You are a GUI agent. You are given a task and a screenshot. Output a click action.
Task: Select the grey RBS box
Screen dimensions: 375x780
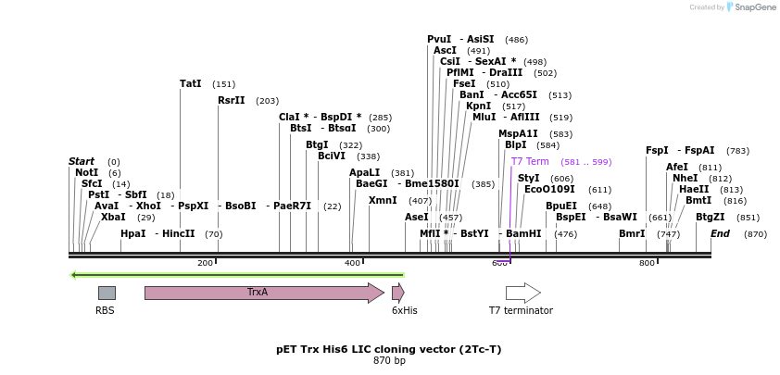[x=107, y=293]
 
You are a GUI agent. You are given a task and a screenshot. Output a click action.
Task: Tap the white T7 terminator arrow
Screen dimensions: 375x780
[x=522, y=293]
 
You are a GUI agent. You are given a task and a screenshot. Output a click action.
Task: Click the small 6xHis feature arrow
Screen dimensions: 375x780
[x=398, y=293]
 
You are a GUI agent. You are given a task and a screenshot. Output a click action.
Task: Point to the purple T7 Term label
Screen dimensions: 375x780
[x=530, y=162]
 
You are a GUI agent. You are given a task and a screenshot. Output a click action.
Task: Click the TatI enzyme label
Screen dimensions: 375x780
[x=191, y=84]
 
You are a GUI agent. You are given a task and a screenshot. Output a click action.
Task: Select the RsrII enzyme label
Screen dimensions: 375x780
[x=232, y=101]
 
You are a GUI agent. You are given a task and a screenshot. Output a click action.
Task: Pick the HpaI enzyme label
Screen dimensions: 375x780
[x=133, y=234]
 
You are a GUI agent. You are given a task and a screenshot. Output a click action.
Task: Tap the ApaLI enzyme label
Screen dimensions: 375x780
[x=364, y=173]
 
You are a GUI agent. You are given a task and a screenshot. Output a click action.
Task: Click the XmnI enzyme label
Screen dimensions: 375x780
[x=383, y=201]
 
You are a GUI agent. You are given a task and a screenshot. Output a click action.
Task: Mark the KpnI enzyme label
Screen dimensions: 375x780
[x=478, y=106]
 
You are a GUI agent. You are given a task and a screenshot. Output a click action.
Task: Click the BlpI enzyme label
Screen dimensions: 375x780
[x=515, y=145]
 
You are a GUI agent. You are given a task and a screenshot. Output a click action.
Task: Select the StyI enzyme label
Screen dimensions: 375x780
[x=528, y=179]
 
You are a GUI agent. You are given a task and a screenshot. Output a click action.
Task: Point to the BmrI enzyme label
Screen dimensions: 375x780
[x=632, y=234]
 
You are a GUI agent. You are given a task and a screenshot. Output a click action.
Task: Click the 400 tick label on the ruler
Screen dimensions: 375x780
[x=352, y=264]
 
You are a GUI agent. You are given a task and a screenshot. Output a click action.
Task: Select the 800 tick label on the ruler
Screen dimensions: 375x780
[x=647, y=264]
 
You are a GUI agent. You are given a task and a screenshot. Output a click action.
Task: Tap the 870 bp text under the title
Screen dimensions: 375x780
[x=389, y=360]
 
